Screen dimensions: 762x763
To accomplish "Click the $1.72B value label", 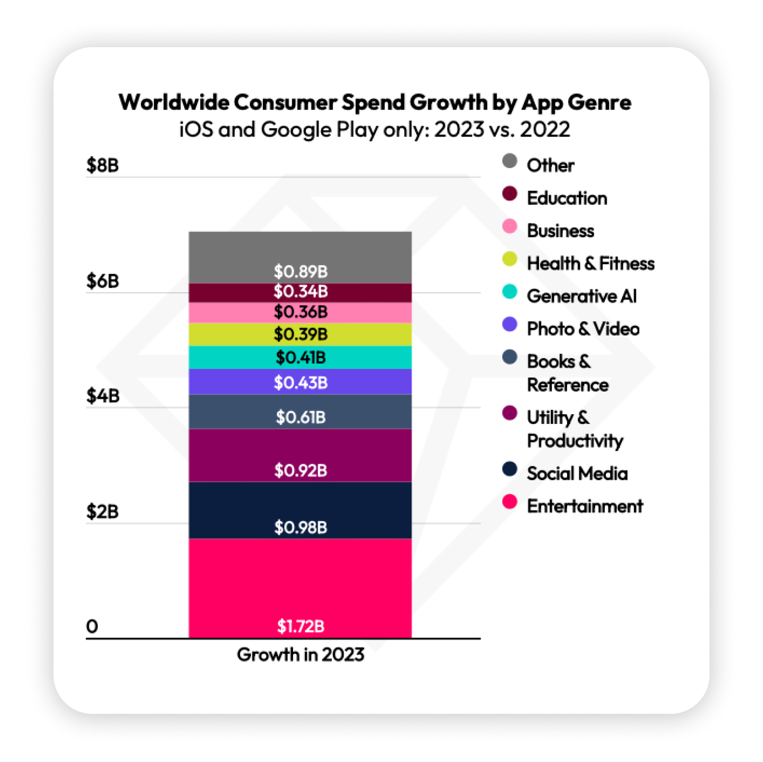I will (300, 626).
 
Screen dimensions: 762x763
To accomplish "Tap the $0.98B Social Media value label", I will (300, 527).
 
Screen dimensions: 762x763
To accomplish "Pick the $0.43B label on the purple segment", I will (300, 382).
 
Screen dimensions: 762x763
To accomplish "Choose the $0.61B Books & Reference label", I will (300, 417).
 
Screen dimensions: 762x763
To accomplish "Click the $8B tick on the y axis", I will (103, 165).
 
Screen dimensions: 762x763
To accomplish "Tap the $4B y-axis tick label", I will (103, 395).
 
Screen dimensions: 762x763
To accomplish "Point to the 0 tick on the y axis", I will (92, 626).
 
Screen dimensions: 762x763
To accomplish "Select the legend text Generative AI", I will (581, 296).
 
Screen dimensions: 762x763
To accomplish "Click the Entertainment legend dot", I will (510, 502).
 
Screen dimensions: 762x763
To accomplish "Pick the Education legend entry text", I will (567, 198).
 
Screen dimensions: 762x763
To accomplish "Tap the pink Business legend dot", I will (510, 226).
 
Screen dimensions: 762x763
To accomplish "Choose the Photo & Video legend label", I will (583, 329).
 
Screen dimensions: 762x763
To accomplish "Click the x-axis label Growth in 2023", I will (300, 654).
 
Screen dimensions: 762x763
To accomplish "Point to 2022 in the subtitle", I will (545, 129).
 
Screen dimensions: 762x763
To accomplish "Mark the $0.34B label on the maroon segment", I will (300, 291).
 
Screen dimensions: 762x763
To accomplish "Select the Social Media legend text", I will (577, 474).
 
